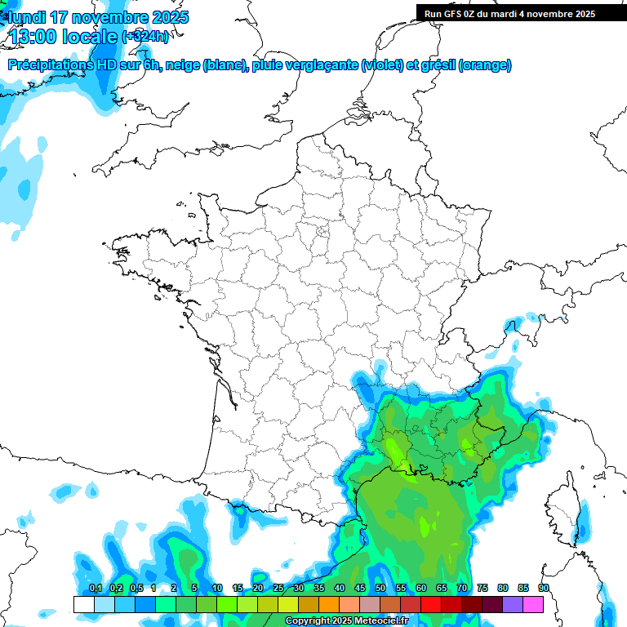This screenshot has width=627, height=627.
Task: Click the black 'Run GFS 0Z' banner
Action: pyautogui.click(x=521, y=13)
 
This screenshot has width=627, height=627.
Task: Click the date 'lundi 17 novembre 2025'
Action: pyautogui.click(x=98, y=17)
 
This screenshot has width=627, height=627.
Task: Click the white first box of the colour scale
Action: pyautogui.click(x=83, y=604)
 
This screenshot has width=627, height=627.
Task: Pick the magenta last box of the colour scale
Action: pyautogui.click(x=533, y=604)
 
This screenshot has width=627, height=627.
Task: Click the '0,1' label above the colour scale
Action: pyautogui.click(x=95, y=589)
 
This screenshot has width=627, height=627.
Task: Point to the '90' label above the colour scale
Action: pyautogui.click(x=543, y=589)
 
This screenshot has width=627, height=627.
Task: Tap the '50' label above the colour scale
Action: pyautogui.click(x=380, y=589)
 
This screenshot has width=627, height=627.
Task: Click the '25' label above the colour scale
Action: pyautogui.click(x=278, y=589)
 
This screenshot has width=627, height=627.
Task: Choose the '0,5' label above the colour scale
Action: pyautogui.click(x=136, y=589)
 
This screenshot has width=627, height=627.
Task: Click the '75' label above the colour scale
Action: pyautogui.click(x=482, y=589)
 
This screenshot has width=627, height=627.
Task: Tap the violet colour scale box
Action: pyautogui.click(x=513, y=604)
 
